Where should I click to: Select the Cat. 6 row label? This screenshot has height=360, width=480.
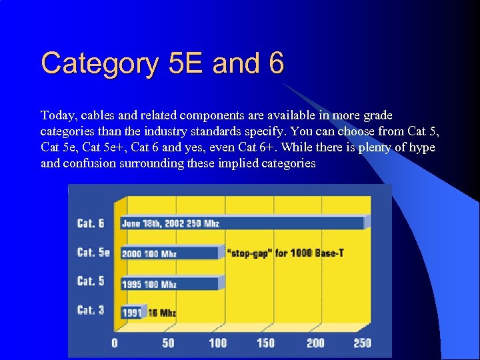[x=91, y=223]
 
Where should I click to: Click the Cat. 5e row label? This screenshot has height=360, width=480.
[x=93, y=252]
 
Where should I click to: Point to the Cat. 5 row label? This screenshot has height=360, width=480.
[x=91, y=281]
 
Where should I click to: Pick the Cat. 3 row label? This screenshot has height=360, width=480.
[x=91, y=310]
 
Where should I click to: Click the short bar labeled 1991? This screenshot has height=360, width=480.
[x=131, y=312]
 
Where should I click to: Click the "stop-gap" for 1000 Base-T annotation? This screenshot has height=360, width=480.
[x=285, y=253]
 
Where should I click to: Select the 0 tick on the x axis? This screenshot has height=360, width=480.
[x=115, y=343]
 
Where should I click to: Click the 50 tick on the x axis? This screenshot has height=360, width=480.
[x=168, y=343]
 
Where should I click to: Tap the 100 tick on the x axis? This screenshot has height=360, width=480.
[x=218, y=343]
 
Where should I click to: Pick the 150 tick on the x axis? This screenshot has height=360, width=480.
[x=266, y=343]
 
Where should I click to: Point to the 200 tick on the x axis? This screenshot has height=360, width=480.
[x=315, y=343]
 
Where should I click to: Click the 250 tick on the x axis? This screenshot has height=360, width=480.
[x=362, y=343]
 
